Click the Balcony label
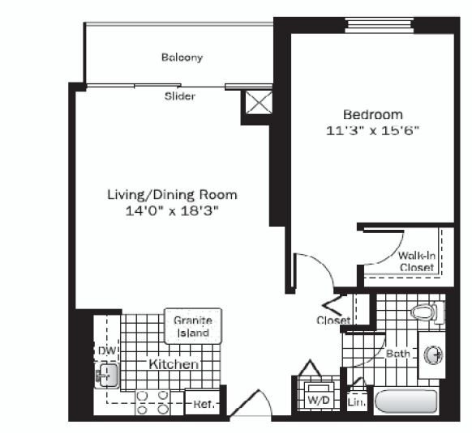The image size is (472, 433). point(181,57)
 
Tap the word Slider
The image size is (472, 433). point(180,96)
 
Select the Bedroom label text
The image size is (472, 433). point(372,114)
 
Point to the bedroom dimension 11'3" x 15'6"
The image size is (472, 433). point(372,129)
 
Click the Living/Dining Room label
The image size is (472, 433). point(172,195)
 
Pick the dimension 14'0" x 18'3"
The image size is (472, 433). point(172,210)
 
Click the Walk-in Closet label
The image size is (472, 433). point(417,261)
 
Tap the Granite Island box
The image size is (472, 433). point(192,326)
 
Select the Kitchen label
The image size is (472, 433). point(173,365)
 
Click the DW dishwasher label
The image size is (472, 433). point(105,351)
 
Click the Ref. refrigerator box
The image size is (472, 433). point(202,403)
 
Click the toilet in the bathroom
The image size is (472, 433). point(425,312)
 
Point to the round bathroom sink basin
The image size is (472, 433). point(432,354)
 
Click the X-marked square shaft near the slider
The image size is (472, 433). point(257,105)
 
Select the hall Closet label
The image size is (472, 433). point(333,321)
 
